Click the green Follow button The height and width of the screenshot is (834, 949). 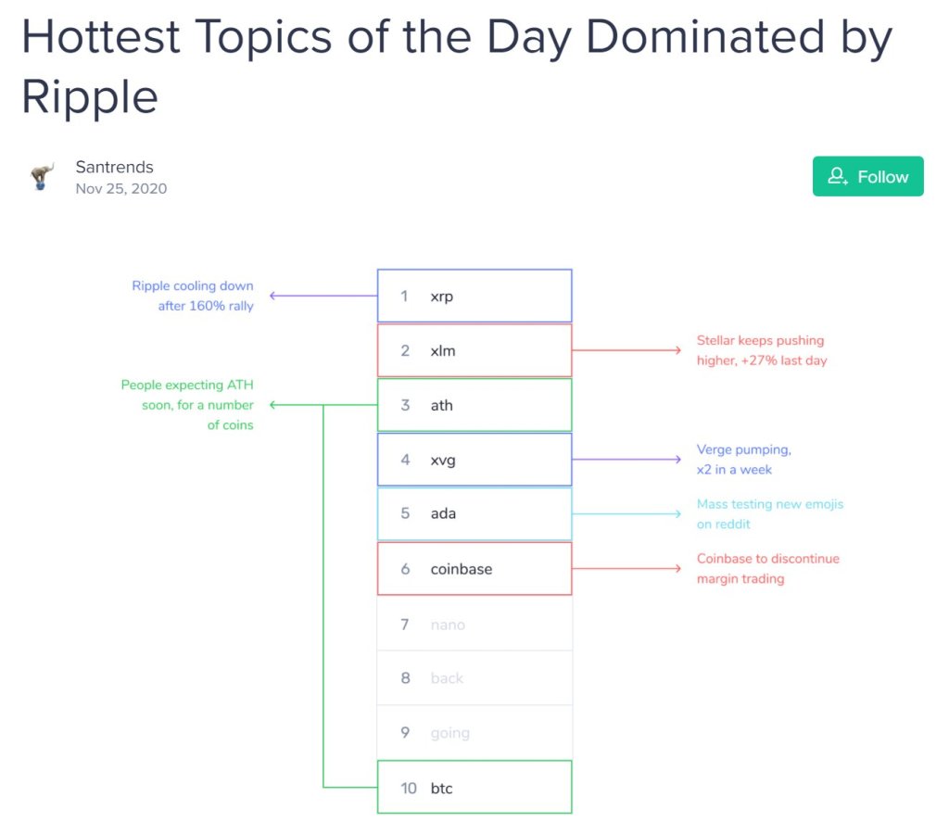tap(867, 176)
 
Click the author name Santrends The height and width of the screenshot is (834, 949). tap(114, 167)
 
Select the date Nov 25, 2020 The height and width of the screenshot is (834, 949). tap(121, 189)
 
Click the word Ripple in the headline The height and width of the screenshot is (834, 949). tap(90, 96)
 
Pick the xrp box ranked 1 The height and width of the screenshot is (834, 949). tap(474, 296)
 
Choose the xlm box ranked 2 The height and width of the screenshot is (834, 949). tap(474, 350)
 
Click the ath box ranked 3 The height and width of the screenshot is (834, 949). tap(474, 405)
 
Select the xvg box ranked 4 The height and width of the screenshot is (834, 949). tap(474, 460)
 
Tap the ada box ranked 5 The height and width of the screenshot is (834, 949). tap(474, 513)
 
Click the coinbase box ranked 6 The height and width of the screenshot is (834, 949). tap(474, 568)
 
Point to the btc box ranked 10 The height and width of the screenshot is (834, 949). tap(474, 787)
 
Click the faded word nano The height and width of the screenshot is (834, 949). tap(448, 625)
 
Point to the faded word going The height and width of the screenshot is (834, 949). tap(449, 734)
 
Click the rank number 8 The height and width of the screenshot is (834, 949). tap(406, 677)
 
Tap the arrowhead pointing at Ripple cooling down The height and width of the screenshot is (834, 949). tap(273, 296)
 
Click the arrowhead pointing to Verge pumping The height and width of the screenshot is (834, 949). tap(677, 460)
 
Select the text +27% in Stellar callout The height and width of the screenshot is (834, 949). tap(759, 360)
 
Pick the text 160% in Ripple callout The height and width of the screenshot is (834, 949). tap(207, 306)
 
